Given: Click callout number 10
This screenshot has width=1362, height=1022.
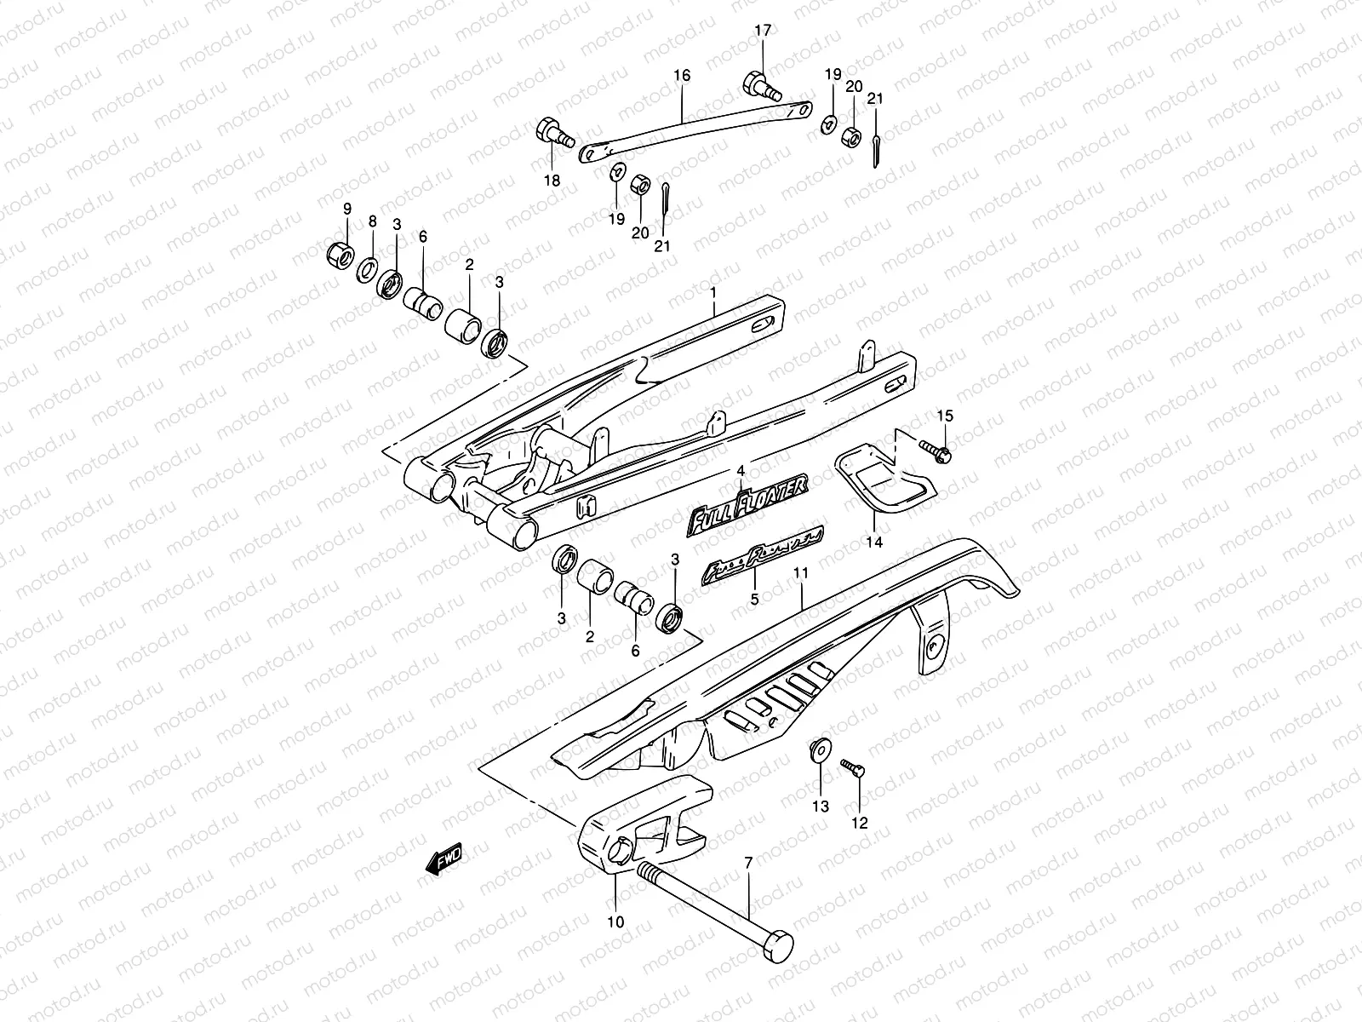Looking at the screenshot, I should coord(615,922).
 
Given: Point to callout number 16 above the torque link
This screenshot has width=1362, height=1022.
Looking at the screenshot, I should coord(682,76).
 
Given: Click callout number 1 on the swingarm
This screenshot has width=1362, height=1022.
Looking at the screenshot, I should coord(713,293).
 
